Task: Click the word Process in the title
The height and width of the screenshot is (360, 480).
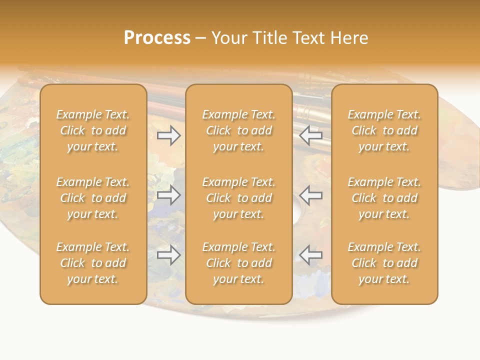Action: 157,38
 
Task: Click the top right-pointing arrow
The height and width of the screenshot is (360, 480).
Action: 169,135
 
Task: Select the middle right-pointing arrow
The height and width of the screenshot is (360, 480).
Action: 169,195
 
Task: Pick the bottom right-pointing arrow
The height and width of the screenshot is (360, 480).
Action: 169,255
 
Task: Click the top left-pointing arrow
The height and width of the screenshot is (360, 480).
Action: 310,135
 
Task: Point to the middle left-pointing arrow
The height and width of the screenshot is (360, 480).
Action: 310,195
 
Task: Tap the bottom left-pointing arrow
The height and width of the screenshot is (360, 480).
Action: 310,255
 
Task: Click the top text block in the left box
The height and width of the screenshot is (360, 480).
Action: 93,130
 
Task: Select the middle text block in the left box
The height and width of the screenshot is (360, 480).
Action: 93,198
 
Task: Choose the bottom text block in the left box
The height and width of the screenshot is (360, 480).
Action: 93,263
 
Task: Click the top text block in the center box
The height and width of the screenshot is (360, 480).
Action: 238,130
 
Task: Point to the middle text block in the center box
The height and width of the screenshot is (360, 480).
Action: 238,198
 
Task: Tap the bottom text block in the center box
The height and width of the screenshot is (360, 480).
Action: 238,263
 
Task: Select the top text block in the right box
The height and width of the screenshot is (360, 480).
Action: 384,130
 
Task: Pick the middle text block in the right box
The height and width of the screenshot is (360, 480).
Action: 384,198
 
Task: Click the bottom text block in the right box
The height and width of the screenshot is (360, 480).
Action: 384,263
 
